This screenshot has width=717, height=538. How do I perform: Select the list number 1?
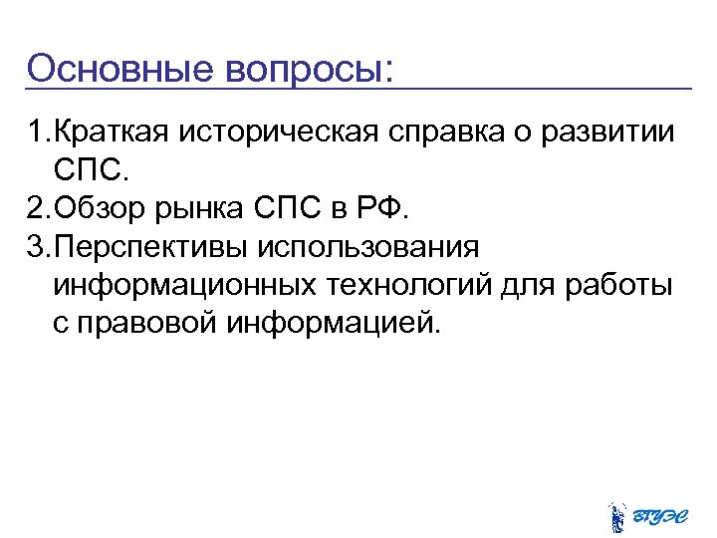(x=39, y=132)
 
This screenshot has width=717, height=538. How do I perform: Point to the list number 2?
(x=39, y=209)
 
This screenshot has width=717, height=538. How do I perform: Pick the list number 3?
(x=39, y=247)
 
